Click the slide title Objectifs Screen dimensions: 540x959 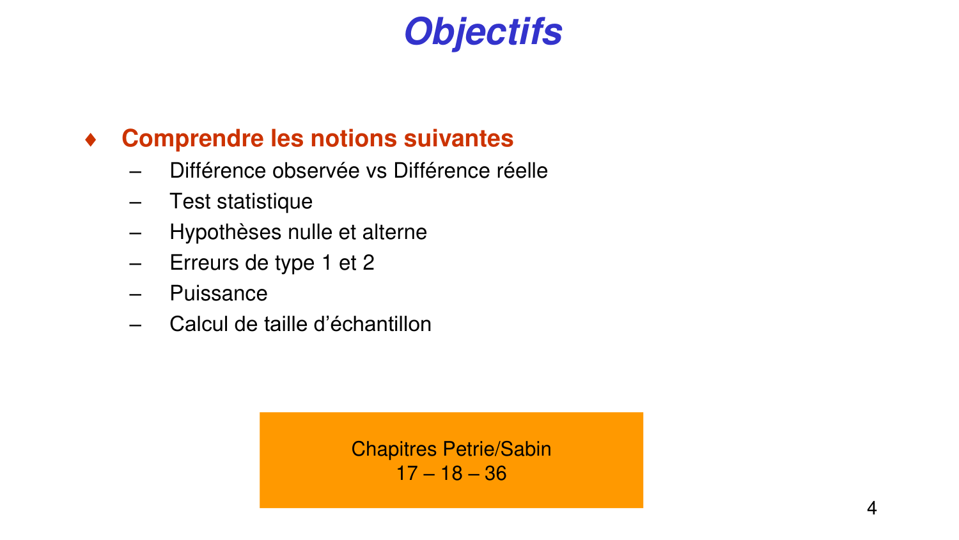click(x=483, y=32)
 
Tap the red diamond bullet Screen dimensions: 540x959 click(x=91, y=139)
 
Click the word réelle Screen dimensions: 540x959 click(x=522, y=171)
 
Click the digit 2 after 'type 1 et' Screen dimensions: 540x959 click(x=368, y=263)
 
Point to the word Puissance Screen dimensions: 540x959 click(x=219, y=293)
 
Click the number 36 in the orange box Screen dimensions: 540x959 click(x=495, y=474)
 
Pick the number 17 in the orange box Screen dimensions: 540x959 click(x=407, y=474)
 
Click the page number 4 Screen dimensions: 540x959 click(x=871, y=509)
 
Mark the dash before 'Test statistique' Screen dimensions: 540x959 click(x=135, y=202)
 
